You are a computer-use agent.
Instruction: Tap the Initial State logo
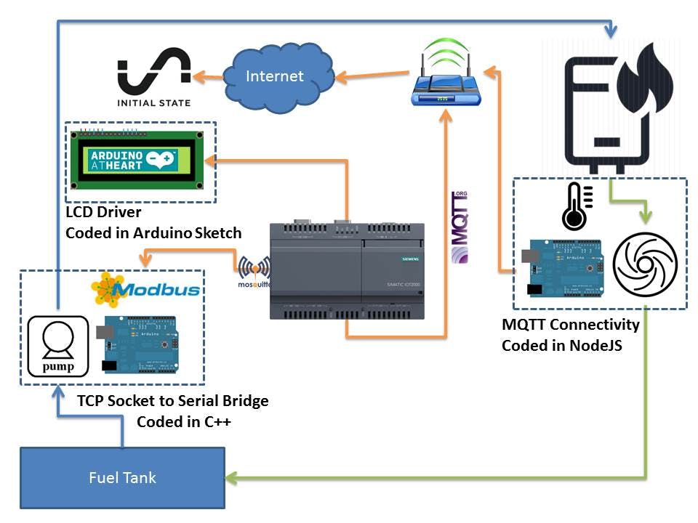click(153, 78)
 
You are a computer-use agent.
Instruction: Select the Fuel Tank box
click(122, 477)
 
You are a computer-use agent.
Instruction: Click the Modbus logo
click(145, 289)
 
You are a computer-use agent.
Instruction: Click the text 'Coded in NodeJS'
click(561, 346)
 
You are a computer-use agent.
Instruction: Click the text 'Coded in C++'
click(183, 421)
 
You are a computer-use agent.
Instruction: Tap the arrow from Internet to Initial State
click(207, 75)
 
